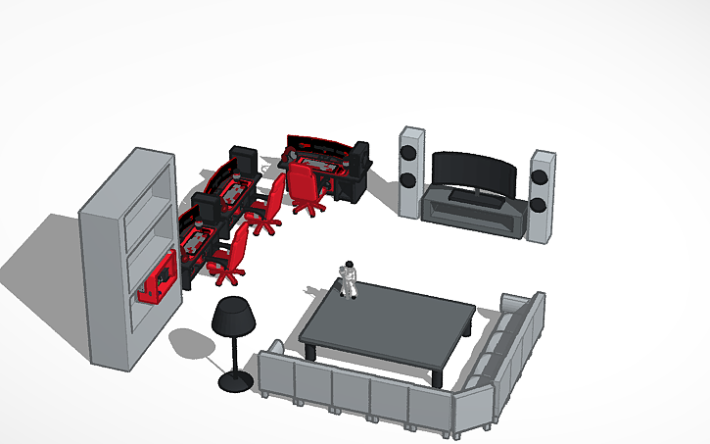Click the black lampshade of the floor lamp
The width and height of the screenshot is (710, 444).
coord(234,316)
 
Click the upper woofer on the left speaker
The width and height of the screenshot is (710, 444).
coord(408,153)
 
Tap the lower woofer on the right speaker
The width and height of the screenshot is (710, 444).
coord(538,205)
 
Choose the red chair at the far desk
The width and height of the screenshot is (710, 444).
coord(305,185)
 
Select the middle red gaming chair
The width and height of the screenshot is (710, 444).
coord(267,207)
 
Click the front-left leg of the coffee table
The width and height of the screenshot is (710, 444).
coord(308,350)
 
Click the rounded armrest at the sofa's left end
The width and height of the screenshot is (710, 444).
coord(275,349)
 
